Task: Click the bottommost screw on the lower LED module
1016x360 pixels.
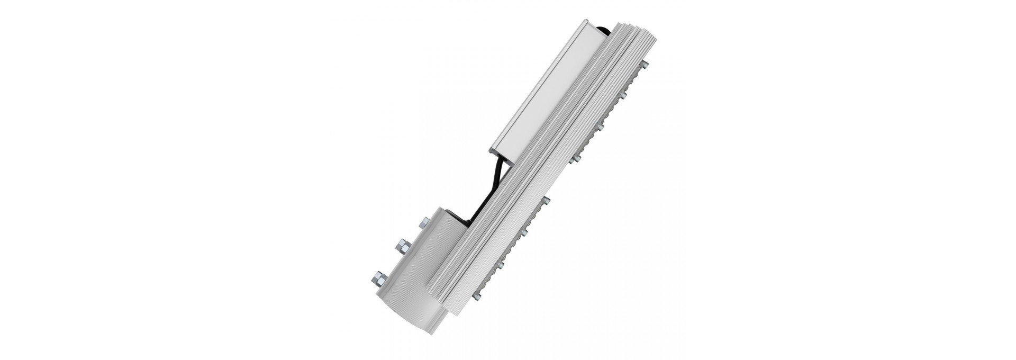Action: (479, 290)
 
